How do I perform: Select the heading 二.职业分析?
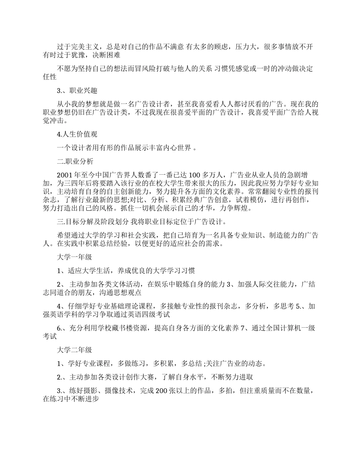point(75,161)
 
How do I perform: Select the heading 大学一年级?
point(74,257)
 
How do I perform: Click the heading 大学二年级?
point(74,350)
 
